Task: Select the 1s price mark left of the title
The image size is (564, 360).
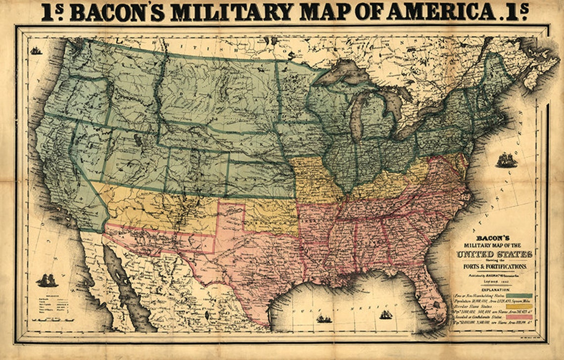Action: pos(52,11)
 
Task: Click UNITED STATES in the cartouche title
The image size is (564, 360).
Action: pos(494,254)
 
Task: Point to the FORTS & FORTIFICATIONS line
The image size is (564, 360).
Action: pos(495,267)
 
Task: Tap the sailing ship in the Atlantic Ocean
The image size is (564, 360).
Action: pos(506,161)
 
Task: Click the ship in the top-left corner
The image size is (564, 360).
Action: pos(36,50)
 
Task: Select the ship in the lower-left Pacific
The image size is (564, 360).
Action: pos(47,281)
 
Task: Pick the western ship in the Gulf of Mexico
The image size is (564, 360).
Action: pos(324,319)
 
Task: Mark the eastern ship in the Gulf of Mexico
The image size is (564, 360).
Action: pos(385,314)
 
